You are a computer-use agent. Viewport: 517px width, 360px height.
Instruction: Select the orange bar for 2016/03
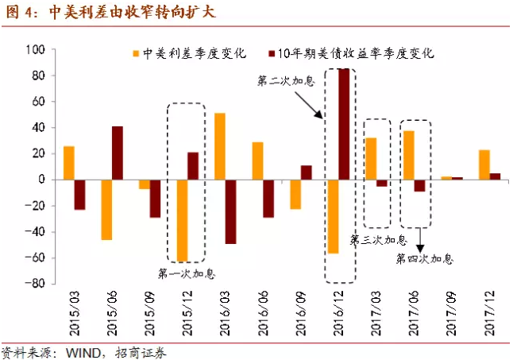(x=220, y=146)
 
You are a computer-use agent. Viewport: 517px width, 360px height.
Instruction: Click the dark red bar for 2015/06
(x=118, y=153)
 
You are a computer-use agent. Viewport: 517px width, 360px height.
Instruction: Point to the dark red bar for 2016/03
(x=231, y=211)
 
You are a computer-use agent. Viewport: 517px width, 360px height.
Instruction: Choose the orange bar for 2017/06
(x=409, y=155)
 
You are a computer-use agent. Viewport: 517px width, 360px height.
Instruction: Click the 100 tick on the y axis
(x=35, y=49)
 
